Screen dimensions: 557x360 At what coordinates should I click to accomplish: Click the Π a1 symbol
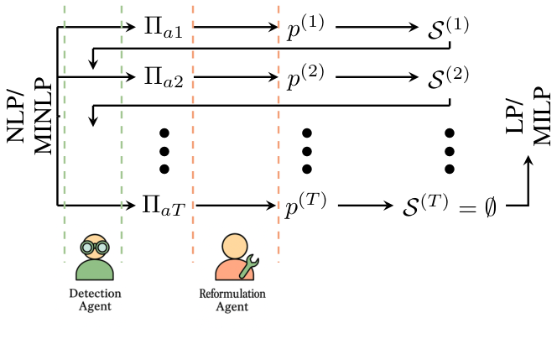164,27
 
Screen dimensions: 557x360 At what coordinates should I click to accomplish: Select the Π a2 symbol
164,77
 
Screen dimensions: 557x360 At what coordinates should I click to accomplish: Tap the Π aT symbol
164,206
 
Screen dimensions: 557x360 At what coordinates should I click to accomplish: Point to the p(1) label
305,27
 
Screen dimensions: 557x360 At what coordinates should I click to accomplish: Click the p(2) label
305,77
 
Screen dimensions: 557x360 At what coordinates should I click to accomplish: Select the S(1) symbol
448,28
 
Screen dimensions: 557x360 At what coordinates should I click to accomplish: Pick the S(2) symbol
448,77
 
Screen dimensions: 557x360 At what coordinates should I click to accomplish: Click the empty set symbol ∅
490,207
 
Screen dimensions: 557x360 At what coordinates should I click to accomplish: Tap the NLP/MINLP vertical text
29,117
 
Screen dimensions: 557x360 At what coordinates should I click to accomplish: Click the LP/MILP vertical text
528,116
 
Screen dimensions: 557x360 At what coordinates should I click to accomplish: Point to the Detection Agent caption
95,300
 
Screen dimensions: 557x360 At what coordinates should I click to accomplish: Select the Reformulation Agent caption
232,300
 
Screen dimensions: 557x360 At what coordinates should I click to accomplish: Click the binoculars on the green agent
95,248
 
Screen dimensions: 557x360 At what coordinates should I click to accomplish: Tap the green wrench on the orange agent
249,266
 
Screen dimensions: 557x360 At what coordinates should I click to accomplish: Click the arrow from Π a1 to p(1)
236,27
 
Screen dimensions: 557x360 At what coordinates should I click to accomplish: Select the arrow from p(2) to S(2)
377,77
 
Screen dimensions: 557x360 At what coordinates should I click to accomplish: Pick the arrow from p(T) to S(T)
366,206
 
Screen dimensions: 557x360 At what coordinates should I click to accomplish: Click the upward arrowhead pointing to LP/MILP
528,160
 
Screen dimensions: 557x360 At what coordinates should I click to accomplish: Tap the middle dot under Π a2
164,152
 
